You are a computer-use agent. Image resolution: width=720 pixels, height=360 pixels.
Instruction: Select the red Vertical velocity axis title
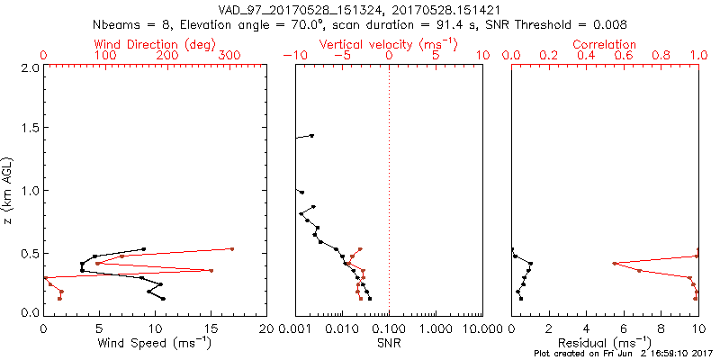(388, 44)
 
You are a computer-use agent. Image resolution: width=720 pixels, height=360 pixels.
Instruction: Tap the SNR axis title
(389, 343)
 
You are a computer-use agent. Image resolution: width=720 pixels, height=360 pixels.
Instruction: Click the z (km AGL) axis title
(10, 190)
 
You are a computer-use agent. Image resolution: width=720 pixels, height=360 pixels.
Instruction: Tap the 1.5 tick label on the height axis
(30, 129)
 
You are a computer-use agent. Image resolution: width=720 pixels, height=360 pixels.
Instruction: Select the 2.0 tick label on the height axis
(30, 67)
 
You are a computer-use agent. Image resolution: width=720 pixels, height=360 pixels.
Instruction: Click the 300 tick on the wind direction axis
(230, 56)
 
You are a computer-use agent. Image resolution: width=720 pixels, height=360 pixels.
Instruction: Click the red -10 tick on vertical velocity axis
(294, 56)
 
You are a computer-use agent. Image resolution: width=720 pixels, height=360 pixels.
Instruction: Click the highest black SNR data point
(312, 135)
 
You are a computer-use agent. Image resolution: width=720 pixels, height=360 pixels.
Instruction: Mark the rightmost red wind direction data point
(232, 248)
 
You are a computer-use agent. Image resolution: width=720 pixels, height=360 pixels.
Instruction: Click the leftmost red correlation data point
(614, 263)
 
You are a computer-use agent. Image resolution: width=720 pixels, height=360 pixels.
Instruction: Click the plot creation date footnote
(624, 354)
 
